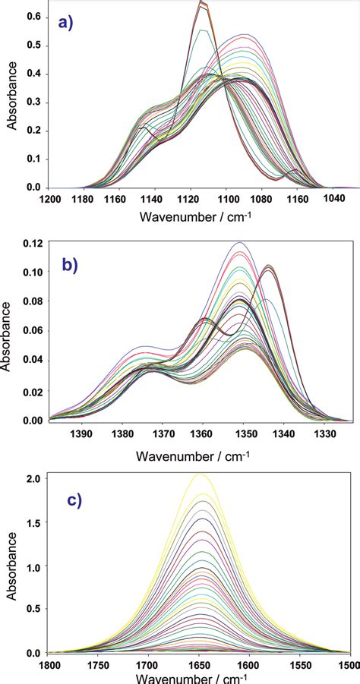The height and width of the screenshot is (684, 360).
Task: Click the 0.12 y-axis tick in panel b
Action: (32, 243)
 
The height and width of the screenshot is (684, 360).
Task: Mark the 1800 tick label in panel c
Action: (50, 666)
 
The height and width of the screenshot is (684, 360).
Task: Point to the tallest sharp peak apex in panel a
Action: (201, 3)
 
